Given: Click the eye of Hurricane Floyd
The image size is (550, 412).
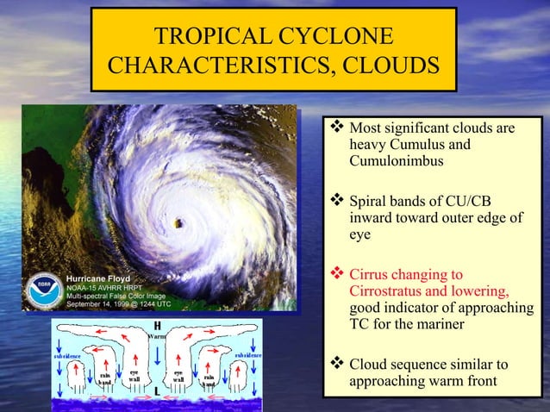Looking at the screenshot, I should (x=179, y=223).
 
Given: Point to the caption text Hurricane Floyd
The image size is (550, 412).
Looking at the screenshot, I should (x=98, y=279).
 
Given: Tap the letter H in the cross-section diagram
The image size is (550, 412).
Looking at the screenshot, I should (x=157, y=325).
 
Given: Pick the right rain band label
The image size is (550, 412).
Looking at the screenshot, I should (x=209, y=378).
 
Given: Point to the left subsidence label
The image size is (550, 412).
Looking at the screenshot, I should (x=68, y=354).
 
